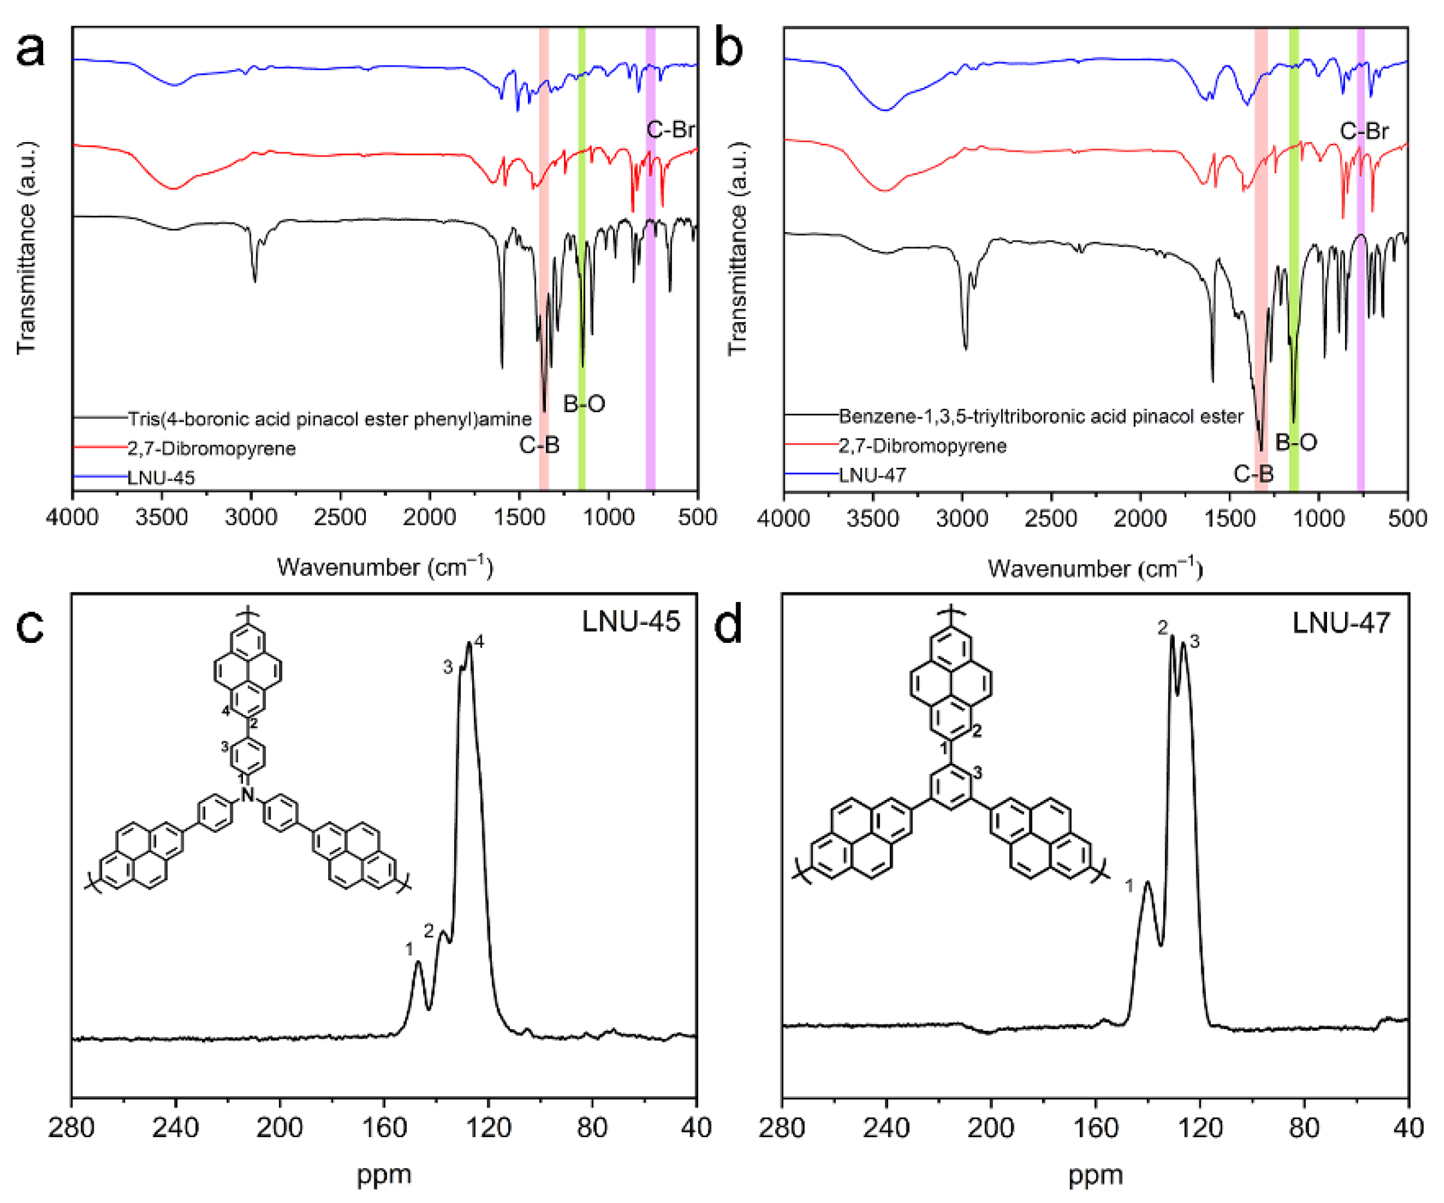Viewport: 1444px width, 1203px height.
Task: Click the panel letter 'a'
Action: pyautogui.click(x=29, y=50)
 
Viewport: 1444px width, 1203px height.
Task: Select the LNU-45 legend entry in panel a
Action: pyautogui.click(x=161, y=477)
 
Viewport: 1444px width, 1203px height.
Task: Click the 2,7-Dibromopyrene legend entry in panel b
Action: pyautogui.click(x=921, y=446)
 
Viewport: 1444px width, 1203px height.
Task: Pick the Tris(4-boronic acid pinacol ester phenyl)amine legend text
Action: pyautogui.click(x=329, y=419)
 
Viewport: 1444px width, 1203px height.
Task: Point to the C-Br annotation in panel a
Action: pyautogui.click(x=671, y=130)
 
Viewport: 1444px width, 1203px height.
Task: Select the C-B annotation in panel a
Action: pyautogui.click(x=539, y=446)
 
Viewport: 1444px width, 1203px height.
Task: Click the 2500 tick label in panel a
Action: pyautogui.click(x=340, y=516)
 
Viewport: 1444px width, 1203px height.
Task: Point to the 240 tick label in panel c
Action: pyautogui.click(x=175, y=1127)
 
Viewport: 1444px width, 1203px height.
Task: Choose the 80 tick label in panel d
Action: pyautogui.click(x=1304, y=1127)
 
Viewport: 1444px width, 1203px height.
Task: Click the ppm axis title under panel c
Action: pyautogui.click(x=384, y=1175)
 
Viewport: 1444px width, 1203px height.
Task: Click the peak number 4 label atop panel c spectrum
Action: pyautogui.click(x=479, y=641)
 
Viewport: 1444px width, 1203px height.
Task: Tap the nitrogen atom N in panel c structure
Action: pyautogui.click(x=248, y=795)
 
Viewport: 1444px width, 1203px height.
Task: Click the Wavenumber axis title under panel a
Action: pyautogui.click(x=385, y=567)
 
